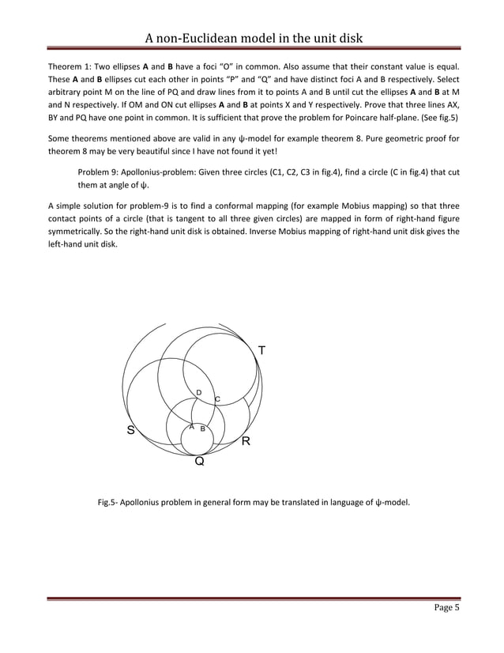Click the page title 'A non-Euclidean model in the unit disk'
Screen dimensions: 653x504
click(252, 38)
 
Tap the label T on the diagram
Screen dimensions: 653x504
click(261, 350)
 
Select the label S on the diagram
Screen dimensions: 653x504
click(131, 431)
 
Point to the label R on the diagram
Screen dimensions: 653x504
click(246, 440)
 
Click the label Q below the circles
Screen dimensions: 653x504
click(200, 462)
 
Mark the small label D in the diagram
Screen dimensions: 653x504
click(198, 393)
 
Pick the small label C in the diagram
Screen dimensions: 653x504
click(217, 399)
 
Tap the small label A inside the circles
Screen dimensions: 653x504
click(191, 427)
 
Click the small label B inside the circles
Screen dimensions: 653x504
click(203, 428)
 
